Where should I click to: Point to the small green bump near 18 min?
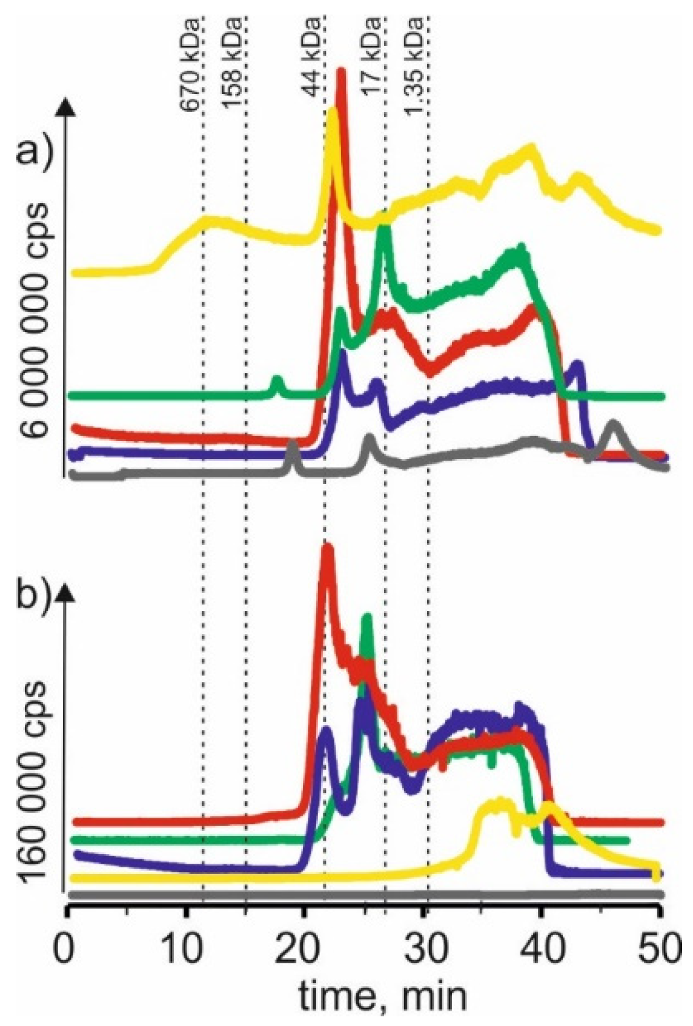tap(277, 382)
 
